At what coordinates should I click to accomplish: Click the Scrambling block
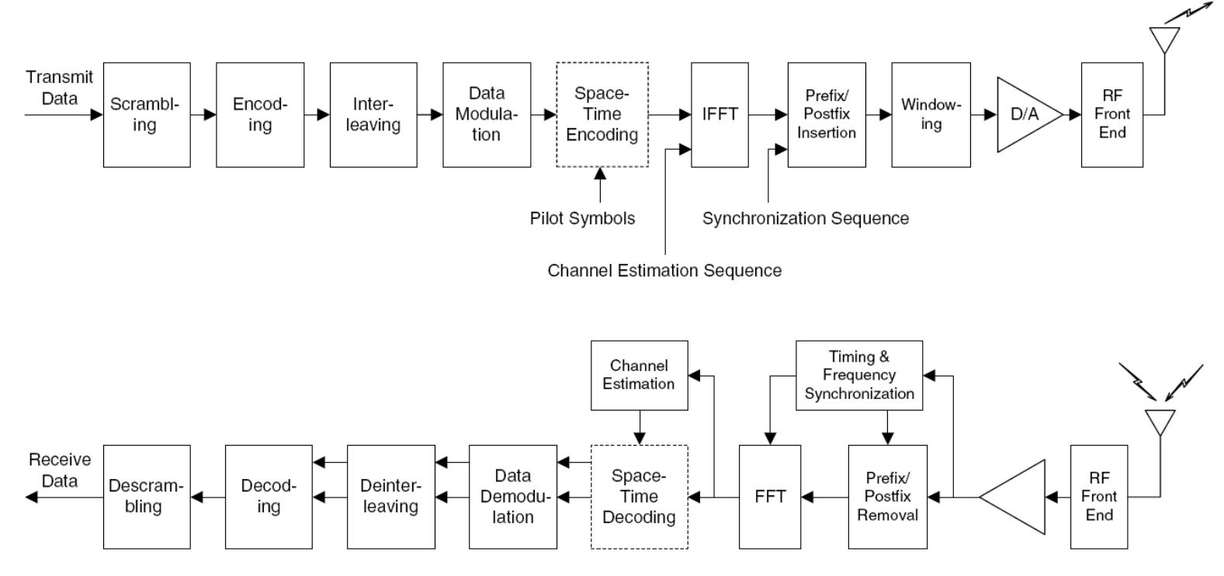pyautogui.click(x=147, y=115)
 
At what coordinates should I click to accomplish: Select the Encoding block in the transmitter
pyautogui.click(x=260, y=115)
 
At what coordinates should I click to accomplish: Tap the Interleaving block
pyautogui.click(x=373, y=115)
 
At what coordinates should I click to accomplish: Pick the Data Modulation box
pyautogui.click(x=487, y=115)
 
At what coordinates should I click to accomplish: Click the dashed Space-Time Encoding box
pyautogui.click(x=602, y=115)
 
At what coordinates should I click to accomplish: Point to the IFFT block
pyautogui.click(x=719, y=115)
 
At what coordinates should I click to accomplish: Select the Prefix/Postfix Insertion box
pyautogui.click(x=827, y=115)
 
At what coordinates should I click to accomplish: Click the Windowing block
pyautogui.click(x=931, y=115)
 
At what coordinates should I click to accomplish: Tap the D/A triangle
pyautogui.click(x=1023, y=115)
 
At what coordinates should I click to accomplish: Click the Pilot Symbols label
pyautogui.click(x=582, y=219)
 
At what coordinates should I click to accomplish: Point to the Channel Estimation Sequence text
pyautogui.click(x=664, y=271)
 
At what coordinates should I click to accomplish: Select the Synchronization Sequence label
pyautogui.click(x=806, y=219)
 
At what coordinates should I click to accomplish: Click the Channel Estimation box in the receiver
pyautogui.click(x=639, y=375)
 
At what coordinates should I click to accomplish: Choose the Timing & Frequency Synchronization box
pyautogui.click(x=859, y=375)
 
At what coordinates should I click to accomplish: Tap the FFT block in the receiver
pyautogui.click(x=770, y=497)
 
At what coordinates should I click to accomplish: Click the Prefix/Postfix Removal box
pyautogui.click(x=887, y=497)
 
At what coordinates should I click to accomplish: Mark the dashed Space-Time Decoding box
pyautogui.click(x=639, y=497)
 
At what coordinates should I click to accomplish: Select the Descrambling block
pyautogui.click(x=147, y=497)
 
